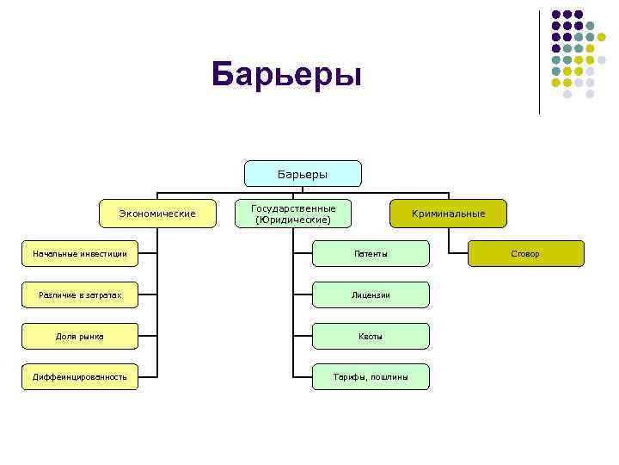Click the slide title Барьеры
point(287,75)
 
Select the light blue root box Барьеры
point(303,174)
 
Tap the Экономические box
point(157,214)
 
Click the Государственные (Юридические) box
point(293,214)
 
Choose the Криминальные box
point(448,214)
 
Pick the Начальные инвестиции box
point(80,254)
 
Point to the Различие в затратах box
point(80,295)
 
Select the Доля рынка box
point(80,336)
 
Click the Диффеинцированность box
point(80,376)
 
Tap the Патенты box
point(371,254)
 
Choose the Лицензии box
point(371,295)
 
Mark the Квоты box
point(371,336)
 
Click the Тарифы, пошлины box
point(371,377)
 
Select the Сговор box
point(524,254)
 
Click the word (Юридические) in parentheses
point(293,220)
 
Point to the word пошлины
point(389,377)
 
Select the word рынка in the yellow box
point(90,336)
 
